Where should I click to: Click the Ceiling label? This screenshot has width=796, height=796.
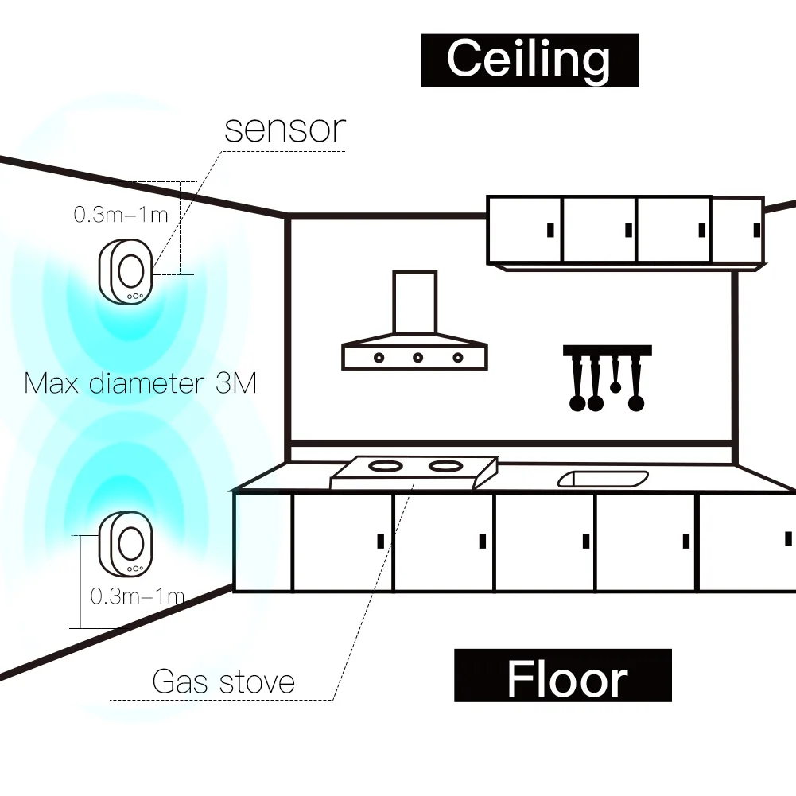(x=529, y=60)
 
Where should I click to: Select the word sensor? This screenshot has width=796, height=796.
(x=285, y=129)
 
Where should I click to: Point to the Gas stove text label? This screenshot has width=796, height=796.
(x=223, y=681)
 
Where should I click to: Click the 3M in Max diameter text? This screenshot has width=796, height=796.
(x=236, y=383)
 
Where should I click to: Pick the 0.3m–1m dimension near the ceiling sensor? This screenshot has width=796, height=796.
(x=121, y=214)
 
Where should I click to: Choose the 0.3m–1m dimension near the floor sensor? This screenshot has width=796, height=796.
(x=137, y=596)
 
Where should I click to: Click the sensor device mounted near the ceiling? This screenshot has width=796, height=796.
(x=126, y=271)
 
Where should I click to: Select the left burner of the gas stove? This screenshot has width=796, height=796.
(x=387, y=464)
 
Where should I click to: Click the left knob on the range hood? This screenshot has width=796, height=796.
(x=379, y=357)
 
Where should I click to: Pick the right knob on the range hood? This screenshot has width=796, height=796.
(x=457, y=357)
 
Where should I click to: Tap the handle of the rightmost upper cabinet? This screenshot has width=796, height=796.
(x=755, y=230)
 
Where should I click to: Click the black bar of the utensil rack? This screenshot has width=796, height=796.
(x=608, y=350)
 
